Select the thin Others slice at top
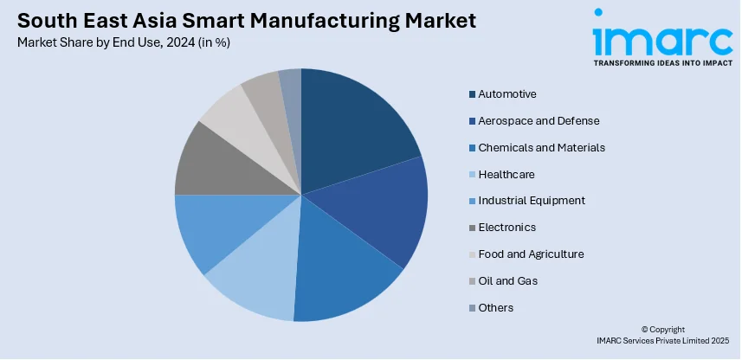click(291, 87)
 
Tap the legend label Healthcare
click(506, 174)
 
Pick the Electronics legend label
click(507, 228)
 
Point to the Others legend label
click(496, 308)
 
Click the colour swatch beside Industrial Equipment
click(472, 201)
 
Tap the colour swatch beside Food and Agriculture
click(472, 254)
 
